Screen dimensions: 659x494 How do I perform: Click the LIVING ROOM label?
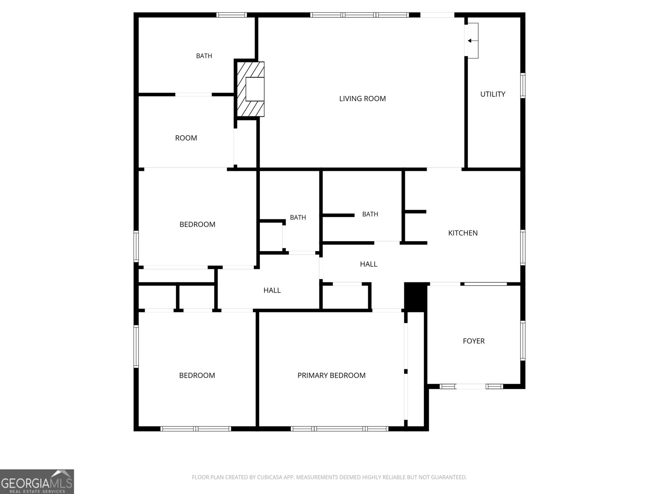(362, 99)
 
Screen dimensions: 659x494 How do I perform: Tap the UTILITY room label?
(493, 94)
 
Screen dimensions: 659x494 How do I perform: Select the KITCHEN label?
(463, 233)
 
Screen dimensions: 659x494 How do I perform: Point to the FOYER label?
(474, 341)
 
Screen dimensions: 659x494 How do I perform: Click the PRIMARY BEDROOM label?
(332, 375)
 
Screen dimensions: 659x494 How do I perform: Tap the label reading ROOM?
(186, 138)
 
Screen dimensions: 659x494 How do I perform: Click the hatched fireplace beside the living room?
(251, 89)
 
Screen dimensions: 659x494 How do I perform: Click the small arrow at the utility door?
(470, 41)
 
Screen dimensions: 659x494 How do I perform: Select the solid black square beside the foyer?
(416, 297)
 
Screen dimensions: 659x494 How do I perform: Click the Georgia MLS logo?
(37, 481)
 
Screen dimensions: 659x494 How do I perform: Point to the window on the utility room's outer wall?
(523, 86)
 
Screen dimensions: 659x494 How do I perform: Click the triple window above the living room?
(360, 15)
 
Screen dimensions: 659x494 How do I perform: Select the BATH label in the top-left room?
(204, 56)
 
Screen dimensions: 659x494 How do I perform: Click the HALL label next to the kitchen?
(368, 264)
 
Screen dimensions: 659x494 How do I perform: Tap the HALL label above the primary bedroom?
(272, 290)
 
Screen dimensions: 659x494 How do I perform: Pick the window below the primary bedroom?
(339, 429)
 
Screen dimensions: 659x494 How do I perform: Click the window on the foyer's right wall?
(523, 340)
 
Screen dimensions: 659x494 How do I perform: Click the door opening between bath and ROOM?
(193, 95)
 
